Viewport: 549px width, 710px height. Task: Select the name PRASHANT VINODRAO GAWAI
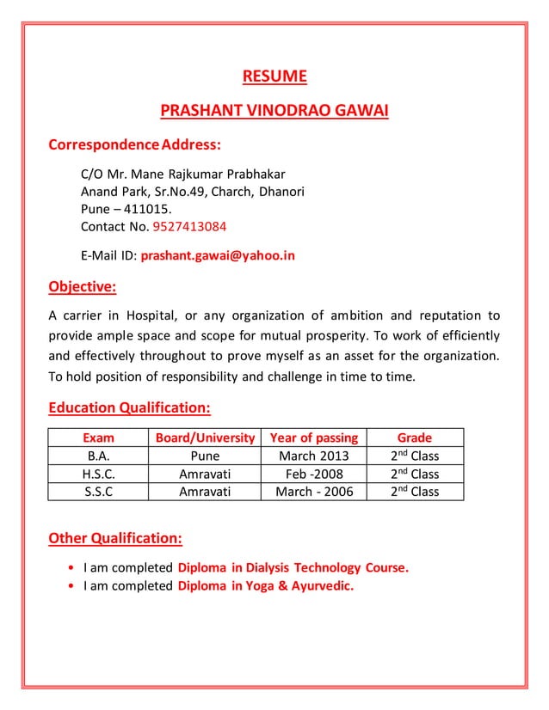274,111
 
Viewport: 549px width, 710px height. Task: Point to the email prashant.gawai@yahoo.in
218,255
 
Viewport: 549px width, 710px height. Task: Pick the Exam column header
97,438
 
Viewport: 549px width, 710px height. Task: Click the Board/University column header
205,438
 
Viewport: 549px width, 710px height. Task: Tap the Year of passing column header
313,438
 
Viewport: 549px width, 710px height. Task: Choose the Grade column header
414,438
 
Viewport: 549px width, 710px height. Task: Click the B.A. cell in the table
97,456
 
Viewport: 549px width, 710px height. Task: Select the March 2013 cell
313,456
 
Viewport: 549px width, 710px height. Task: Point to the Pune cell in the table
205,456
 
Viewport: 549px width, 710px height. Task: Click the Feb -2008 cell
313,474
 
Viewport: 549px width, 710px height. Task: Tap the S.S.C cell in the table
97,492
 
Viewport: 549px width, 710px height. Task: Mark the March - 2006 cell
313,492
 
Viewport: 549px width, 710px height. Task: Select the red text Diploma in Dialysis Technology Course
293,568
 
